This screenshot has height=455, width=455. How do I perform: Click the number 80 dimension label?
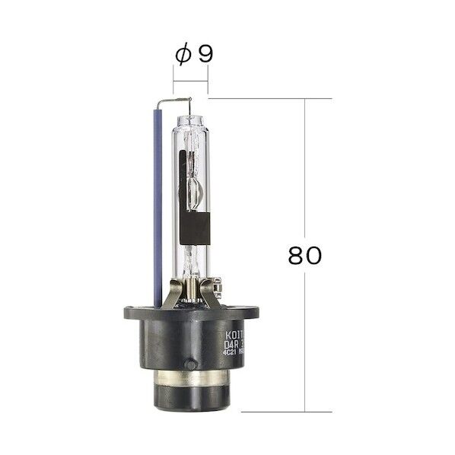tap(305, 255)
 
